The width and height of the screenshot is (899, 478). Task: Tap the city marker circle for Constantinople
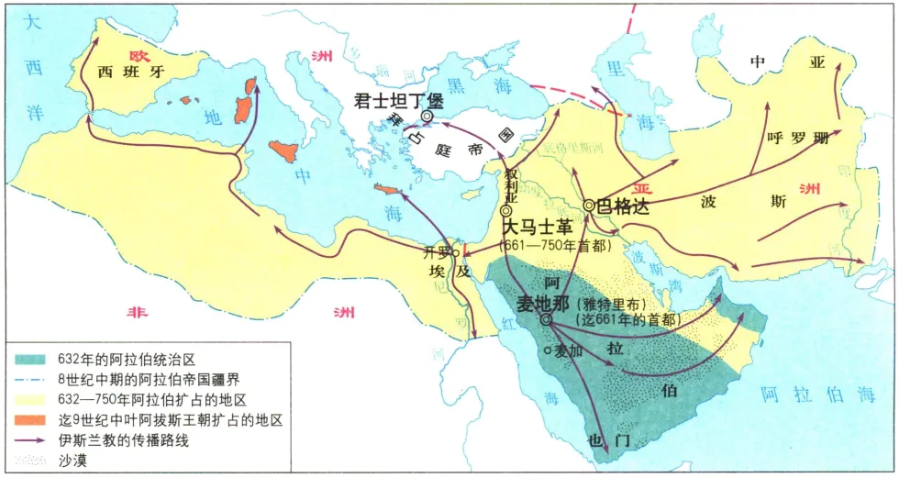point(427,117)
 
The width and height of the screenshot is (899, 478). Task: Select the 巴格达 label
point(624,206)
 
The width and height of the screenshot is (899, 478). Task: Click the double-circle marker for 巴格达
point(589,206)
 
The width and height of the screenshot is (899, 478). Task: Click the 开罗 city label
point(438,252)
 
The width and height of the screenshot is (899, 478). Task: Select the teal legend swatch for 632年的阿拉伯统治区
point(29,361)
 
